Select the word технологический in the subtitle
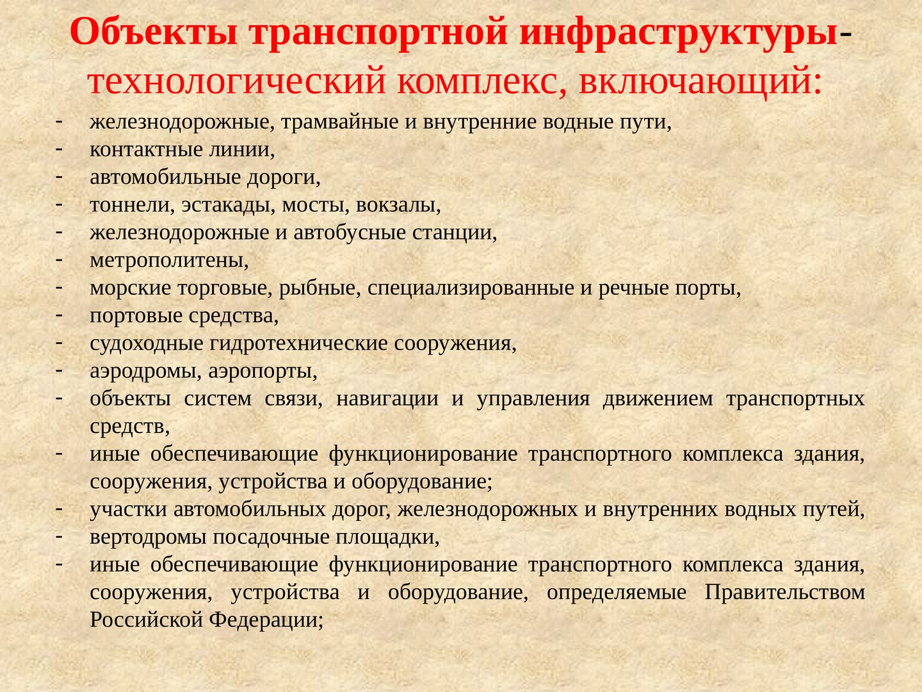click(x=237, y=82)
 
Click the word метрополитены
click(x=169, y=261)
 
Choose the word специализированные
click(x=471, y=288)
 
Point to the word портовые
click(x=136, y=316)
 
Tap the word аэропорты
click(x=263, y=372)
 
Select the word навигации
click(x=387, y=399)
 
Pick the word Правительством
click(x=784, y=593)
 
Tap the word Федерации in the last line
click(x=266, y=620)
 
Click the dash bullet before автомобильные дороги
click(x=60, y=177)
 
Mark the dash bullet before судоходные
click(x=60, y=343)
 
